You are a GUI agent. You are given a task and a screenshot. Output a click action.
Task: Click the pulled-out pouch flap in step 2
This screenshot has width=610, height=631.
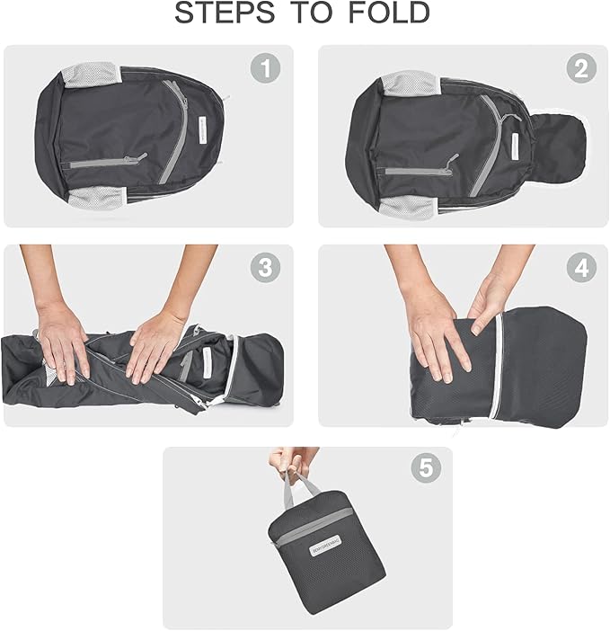point(557,145)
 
